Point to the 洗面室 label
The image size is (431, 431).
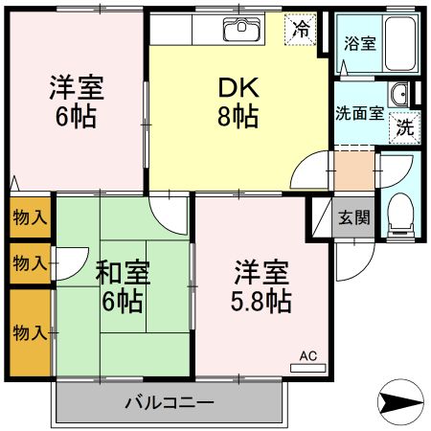click(359, 111)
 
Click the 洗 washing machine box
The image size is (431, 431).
click(405, 126)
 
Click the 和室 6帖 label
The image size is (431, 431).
click(121, 285)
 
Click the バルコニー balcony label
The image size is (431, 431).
click(169, 402)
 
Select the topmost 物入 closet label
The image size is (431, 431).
click(30, 217)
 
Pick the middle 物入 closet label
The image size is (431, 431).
click(30, 261)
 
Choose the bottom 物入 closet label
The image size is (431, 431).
click(30, 332)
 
